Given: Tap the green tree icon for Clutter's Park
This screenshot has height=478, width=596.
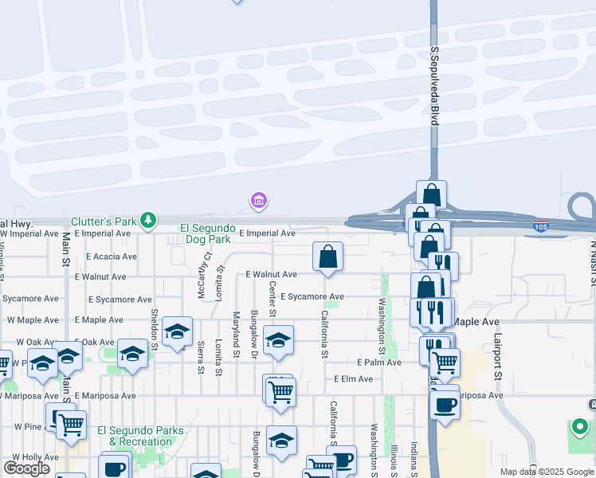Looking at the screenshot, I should point(147,219).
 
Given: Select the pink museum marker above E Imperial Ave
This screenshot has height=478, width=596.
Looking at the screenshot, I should point(258,202).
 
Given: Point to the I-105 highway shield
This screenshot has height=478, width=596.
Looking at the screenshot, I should point(541,227).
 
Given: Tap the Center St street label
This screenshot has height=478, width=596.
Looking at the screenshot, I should point(273,296).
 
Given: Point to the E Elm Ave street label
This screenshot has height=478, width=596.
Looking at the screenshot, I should point(354,379).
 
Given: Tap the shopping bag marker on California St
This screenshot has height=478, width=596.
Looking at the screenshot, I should point(327,257).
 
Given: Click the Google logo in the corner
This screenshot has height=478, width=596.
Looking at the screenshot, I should point(26,468).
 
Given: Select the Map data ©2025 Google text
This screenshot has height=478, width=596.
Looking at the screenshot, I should point(547,472).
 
